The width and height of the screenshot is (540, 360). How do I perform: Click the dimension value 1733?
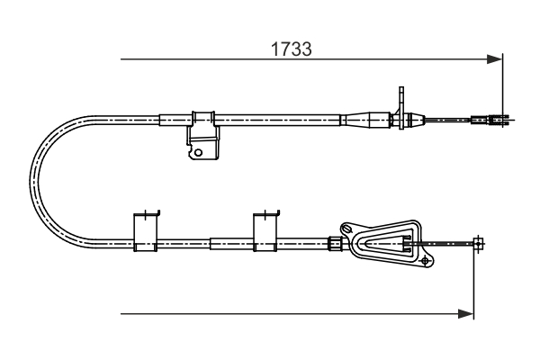[x=292, y=49]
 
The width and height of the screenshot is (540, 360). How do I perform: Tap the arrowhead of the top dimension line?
[x=495, y=59]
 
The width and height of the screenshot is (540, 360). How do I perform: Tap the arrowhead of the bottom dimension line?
[x=466, y=314]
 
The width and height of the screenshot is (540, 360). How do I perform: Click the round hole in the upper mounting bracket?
[x=198, y=152]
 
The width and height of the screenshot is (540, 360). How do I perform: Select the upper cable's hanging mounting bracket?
[x=203, y=135]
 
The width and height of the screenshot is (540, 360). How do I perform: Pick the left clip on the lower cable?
[x=146, y=230]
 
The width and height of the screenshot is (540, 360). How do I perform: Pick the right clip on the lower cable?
[x=265, y=230]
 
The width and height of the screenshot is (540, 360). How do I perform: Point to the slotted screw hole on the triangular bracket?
[x=346, y=228]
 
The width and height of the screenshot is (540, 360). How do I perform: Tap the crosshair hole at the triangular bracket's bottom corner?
[x=426, y=261]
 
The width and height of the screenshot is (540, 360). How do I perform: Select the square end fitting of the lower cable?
[x=478, y=244]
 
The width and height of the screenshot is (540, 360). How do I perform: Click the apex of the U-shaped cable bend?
[x=34, y=182]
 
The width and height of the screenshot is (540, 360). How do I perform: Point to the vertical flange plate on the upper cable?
[x=400, y=108]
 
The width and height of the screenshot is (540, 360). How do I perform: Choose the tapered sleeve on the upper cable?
[x=365, y=120]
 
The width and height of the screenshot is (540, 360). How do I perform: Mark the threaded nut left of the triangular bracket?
[x=335, y=243]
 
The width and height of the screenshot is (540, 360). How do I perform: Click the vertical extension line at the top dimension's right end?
[x=503, y=90]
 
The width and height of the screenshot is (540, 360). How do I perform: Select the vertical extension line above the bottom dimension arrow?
[x=474, y=278]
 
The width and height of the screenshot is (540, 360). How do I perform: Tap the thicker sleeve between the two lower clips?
[x=231, y=244]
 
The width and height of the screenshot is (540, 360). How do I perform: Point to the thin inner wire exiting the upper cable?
[x=447, y=120]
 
